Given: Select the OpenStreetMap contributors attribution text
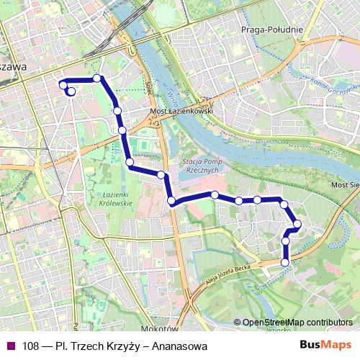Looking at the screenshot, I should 297,322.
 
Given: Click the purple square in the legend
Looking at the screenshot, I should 9,346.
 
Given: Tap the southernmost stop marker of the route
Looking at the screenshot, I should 284,263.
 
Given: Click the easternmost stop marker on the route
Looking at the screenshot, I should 297,225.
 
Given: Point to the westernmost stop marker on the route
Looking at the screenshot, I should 63,86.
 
